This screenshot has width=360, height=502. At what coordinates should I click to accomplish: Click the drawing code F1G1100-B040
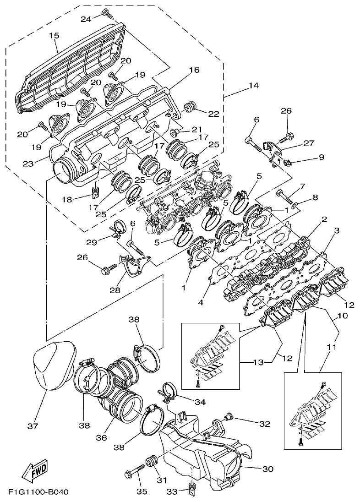tap(38, 492)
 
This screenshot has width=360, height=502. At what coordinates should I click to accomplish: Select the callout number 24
tap(86, 19)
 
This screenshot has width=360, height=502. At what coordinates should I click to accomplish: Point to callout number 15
tap(54, 35)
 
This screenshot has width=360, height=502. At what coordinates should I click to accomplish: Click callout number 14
tap(253, 86)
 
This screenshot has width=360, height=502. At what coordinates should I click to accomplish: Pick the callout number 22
tap(213, 114)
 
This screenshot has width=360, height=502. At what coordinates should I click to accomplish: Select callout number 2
tap(323, 219)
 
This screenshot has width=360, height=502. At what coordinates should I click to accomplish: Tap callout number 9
tap(321, 157)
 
